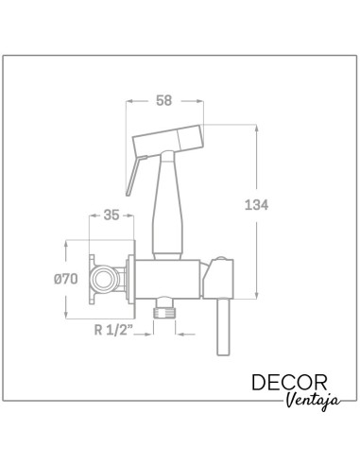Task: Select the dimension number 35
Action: [x=111, y=215]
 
